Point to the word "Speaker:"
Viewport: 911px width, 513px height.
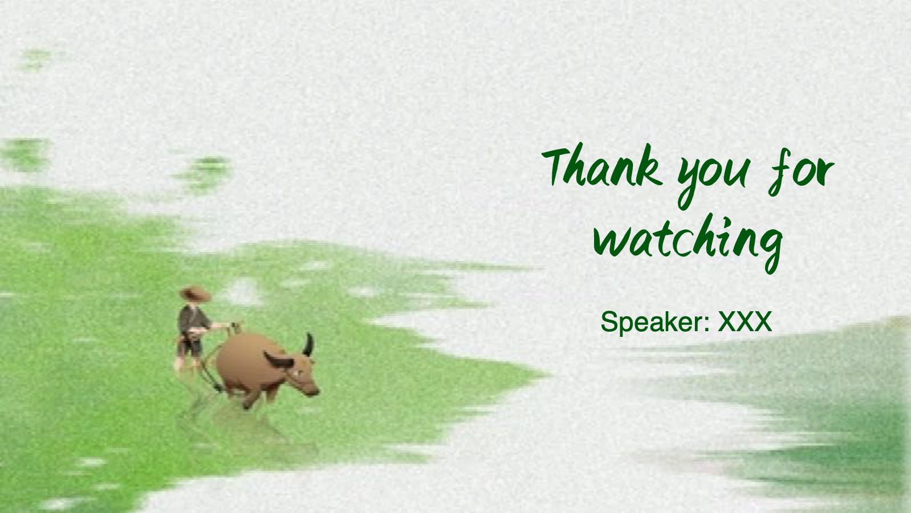(656, 322)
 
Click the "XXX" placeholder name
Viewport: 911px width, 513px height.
(745, 321)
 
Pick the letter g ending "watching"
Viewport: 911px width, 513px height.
(770, 249)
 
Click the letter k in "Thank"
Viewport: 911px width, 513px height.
(650, 166)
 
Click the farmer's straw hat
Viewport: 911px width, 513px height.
(195, 293)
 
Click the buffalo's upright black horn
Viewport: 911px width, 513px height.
(308, 345)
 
